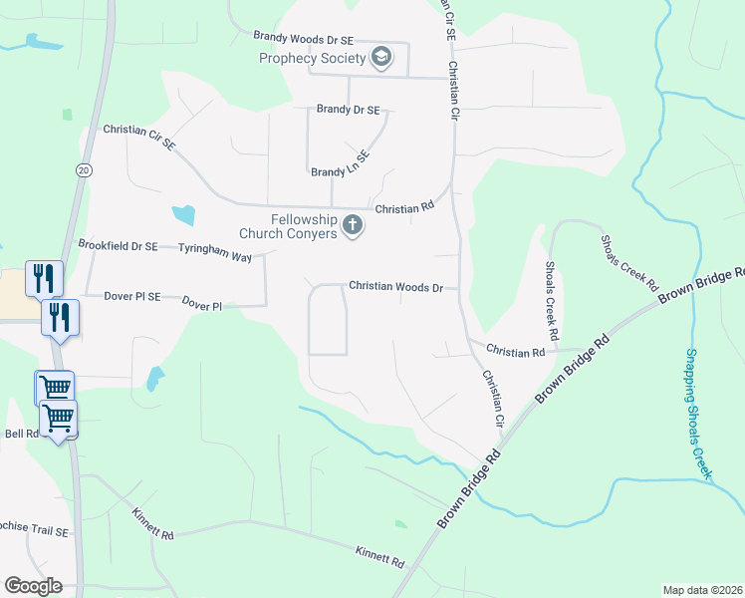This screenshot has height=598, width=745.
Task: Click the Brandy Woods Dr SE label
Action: pos(303,40)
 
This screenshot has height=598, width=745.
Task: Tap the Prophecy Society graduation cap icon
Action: pos(379,57)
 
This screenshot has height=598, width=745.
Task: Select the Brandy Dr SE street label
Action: pos(348,110)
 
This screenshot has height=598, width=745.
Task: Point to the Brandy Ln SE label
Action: pos(341,163)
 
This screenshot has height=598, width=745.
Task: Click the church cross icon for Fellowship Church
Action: pos(352,226)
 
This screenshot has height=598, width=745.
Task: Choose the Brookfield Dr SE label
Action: pos(118,245)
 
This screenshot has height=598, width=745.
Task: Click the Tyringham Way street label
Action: pos(214,256)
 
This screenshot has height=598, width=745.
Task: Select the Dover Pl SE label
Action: pos(131,296)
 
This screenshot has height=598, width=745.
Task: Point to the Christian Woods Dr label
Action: pos(395,286)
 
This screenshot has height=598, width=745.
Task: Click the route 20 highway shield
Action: pos(82,171)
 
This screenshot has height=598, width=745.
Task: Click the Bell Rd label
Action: pos(21,434)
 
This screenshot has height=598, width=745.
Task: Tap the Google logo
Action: pos(33,586)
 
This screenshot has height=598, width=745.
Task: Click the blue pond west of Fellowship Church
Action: pos(183,213)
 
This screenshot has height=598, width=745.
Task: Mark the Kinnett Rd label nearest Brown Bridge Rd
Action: pos(379,556)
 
